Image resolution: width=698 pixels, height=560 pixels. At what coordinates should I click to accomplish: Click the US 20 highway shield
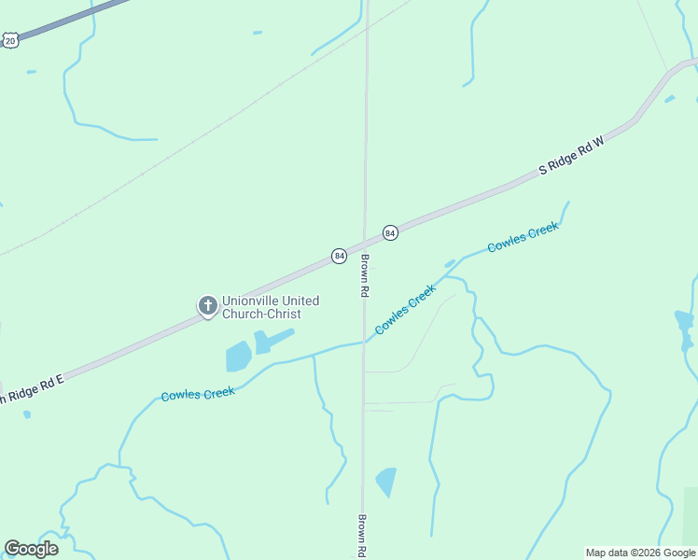pyautogui.click(x=9, y=39)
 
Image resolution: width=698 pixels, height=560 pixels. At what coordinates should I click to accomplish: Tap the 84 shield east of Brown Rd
pyautogui.click(x=390, y=232)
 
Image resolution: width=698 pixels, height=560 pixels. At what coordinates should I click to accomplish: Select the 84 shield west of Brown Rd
pyautogui.click(x=339, y=255)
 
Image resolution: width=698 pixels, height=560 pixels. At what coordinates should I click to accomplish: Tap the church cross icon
pyautogui.click(x=206, y=304)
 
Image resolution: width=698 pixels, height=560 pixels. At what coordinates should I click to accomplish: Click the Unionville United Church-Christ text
pyautogui.click(x=271, y=307)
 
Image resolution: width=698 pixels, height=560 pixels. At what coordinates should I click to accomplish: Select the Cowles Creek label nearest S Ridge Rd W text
pyautogui.click(x=523, y=236)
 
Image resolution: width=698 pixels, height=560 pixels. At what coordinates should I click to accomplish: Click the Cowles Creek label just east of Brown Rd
pyautogui.click(x=405, y=309)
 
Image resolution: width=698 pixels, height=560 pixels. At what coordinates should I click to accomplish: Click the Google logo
pyautogui.click(x=31, y=549)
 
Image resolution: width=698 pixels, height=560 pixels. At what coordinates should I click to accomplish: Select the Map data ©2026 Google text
pyautogui.click(x=640, y=553)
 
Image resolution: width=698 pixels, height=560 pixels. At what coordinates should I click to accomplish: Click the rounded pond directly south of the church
pyautogui.click(x=238, y=356)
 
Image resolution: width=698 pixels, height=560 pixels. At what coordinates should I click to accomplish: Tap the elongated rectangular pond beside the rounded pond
pyautogui.click(x=274, y=340)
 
